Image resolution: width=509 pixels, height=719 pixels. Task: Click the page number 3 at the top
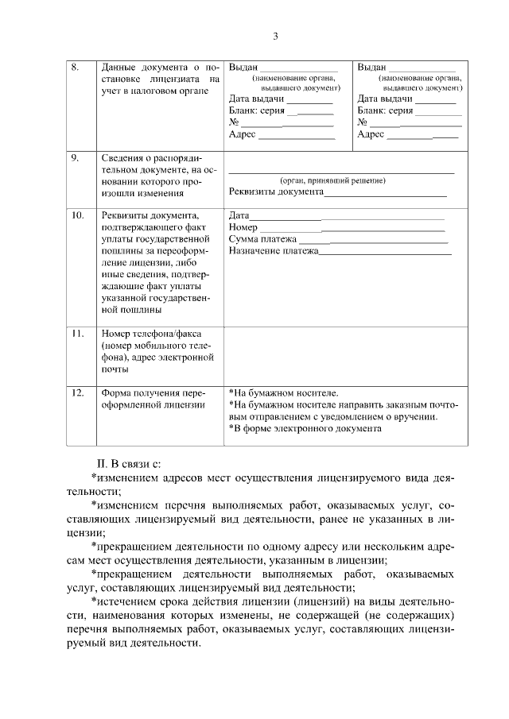pyautogui.click(x=275, y=36)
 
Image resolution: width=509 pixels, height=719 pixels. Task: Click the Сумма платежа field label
pyautogui.click(x=262, y=239)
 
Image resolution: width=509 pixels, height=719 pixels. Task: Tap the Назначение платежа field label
pyautogui.click(x=273, y=251)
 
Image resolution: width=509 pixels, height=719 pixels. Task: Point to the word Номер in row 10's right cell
pyautogui.click(x=243, y=227)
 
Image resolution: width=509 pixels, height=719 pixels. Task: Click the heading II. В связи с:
pyautogui.click(x=130, y=463)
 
